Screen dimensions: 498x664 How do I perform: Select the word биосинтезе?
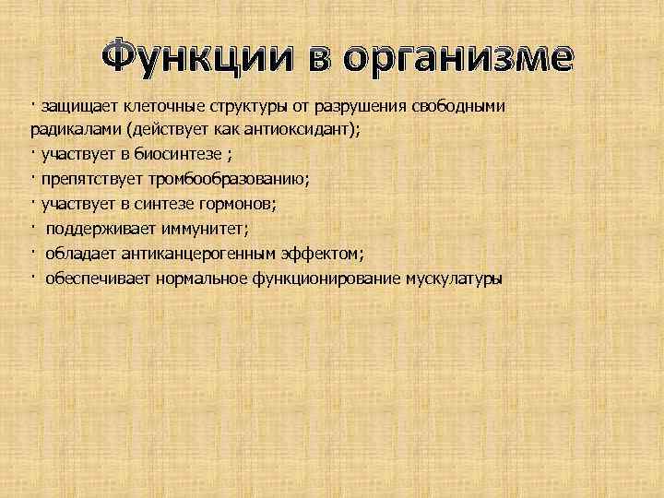(x=175, y=155)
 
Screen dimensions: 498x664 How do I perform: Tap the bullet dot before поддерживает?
(x=31, y=226)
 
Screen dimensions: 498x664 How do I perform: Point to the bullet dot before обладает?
(x=31, y=251)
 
